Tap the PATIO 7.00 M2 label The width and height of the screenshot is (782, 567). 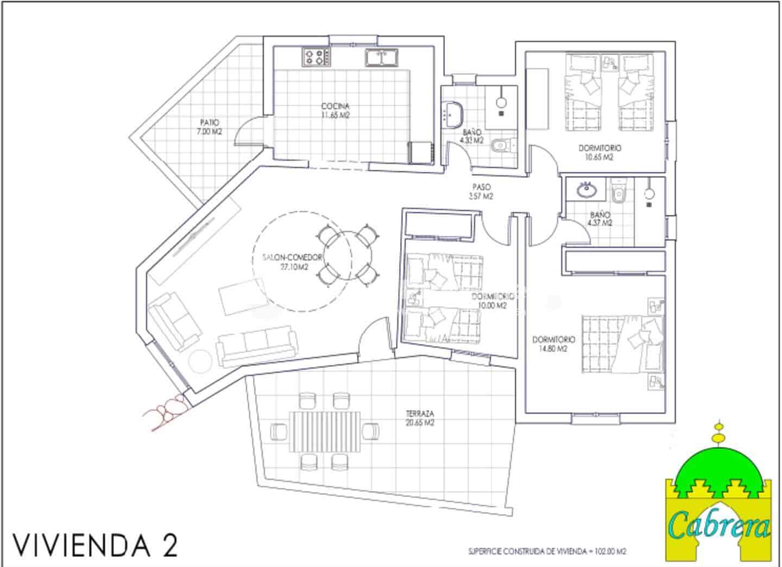point(210,127)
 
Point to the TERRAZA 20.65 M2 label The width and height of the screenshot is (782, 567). point(420,418)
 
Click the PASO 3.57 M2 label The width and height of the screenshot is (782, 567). point(481,192)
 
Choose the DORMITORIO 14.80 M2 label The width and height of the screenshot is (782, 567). point(553,344)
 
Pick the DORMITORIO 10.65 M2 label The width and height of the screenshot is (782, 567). point(600,152)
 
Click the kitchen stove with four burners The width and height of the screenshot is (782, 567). point(316,56)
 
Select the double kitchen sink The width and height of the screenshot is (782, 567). point(382,57)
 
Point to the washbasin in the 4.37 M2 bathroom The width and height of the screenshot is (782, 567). point(586,189)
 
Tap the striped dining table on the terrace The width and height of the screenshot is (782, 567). point(325,431)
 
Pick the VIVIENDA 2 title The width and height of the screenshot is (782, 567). point(96,544)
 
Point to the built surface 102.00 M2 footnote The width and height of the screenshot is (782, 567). point(547,552)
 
